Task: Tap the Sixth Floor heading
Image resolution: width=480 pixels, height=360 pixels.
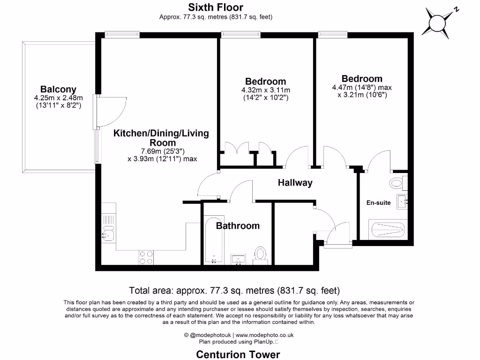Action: pyautogui.click(x=216, y=7)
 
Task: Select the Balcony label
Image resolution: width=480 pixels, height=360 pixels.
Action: pyautogui.click(x=58, y=89)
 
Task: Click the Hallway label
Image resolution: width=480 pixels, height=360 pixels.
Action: pyautogui.click(x=295, y=183)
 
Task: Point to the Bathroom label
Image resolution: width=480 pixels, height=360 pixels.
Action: pyautogui.click(x=238, y=225)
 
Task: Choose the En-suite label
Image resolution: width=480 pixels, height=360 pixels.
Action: pyautogui.click(x=378, y=202)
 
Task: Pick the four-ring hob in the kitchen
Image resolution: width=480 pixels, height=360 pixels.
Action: pyautogui.click(x=146, y=257)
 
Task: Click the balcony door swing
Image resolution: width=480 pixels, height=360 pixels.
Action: pyautogui.click(x=112, y=109)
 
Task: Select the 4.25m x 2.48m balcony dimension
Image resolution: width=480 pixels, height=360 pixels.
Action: pyautogui.click(x=58, y=98)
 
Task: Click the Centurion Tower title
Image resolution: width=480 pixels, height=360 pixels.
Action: pyautogui.click(x=238, y=354)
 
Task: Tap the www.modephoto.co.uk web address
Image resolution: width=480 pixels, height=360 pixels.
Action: pyautogui.click(x=264, y=335)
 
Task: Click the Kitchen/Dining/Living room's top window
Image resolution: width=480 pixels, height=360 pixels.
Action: pyautogui.click(x=122, y=34)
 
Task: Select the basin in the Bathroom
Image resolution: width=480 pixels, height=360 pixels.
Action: pyautogui.click(x=240, y=259)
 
